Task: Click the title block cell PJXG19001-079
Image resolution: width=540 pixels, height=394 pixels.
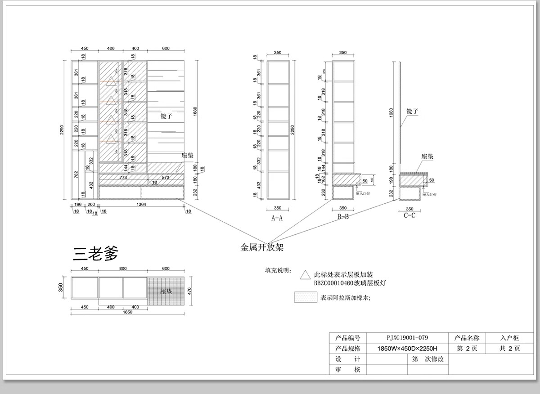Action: [x=407, y=337]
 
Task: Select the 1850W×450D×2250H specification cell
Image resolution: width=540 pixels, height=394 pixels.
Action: [x=407, y=348]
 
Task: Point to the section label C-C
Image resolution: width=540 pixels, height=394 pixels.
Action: [x=409, y=215]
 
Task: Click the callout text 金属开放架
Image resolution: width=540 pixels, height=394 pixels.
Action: [x=262, y=247]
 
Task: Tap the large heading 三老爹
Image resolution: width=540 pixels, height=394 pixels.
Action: [x=95, y=254]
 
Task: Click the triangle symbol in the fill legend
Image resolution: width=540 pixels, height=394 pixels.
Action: [x=305, y=274]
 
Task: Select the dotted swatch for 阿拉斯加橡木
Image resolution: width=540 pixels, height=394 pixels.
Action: [x=305, y=297]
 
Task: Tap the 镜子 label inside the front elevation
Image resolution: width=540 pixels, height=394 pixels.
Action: [x=166, y=116]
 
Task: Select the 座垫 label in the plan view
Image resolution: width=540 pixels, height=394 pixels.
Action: [x=166, y=291]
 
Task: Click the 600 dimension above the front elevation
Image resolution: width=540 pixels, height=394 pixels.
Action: [x=166, y=49]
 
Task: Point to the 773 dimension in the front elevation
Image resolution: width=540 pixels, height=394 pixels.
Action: [x=123, y=178]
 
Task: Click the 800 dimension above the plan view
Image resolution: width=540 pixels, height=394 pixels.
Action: [x=122, y=269]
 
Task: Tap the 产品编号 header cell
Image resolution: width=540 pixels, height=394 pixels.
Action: [x=348, y=337]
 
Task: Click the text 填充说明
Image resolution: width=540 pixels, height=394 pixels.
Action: [x=278, y=271]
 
